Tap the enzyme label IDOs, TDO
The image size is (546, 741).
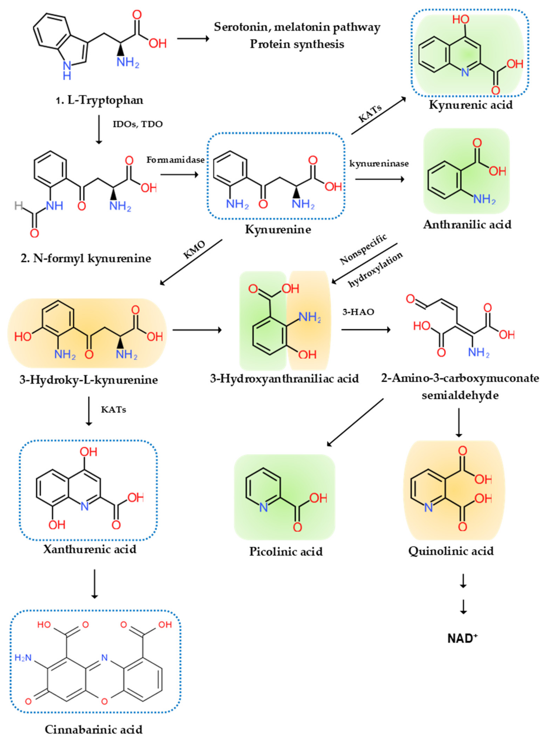coord(138,125)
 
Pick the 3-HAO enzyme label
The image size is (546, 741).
coord(358,312)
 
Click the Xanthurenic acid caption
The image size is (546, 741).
coord(90,549)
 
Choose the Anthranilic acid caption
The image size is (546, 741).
coord(467,225)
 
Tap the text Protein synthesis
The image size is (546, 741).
coord(297,44)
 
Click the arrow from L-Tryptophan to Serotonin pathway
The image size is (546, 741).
coord(193,39)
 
